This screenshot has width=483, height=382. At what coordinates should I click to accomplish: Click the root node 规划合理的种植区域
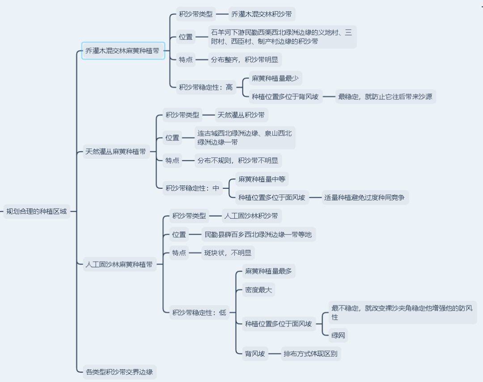tap(36, 211)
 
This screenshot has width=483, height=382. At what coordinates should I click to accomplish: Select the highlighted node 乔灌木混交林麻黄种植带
tap(123, 51)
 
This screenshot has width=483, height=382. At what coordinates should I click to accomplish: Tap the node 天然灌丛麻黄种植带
tap(115, 152)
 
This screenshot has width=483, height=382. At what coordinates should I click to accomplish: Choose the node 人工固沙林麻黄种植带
tap(119, 264)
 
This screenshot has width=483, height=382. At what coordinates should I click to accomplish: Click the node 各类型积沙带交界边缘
tap(119, 371)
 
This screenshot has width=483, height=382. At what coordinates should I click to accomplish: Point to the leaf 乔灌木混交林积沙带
tap(262, 14)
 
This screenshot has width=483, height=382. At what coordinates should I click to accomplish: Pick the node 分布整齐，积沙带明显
tap(245, 59)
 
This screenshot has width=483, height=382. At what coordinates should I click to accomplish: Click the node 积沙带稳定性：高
tap(206, 87)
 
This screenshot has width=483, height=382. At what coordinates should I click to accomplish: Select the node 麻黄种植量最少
tap(275, 78)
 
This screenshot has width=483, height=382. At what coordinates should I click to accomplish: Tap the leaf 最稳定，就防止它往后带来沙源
tap(386, 96)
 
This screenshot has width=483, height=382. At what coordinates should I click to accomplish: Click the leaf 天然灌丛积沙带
tap(241, 115)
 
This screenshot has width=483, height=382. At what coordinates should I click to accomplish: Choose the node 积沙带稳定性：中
tap(192, 188)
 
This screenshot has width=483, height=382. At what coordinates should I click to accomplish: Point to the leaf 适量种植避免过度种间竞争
tap(365, 197)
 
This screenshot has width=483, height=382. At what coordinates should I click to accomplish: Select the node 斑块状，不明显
tap(228, 253)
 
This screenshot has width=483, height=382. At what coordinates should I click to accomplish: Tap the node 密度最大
tap(258, 290)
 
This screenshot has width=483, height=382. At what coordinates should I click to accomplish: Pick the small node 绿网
tap(338, 335)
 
